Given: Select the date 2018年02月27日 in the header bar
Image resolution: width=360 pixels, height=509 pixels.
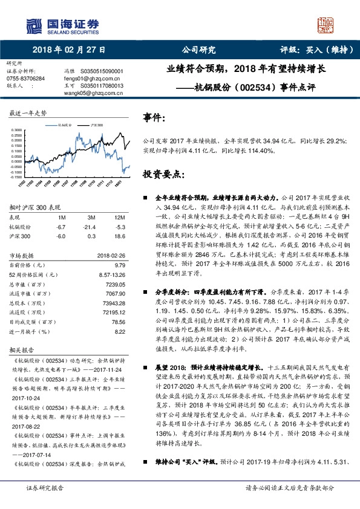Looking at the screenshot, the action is coord(69,50).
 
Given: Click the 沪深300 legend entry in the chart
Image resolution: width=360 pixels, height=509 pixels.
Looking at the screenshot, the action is coord(96,125).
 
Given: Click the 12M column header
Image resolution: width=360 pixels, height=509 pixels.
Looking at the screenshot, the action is coord(119,217).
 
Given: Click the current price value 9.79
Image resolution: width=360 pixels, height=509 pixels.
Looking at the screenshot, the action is coord(119,265).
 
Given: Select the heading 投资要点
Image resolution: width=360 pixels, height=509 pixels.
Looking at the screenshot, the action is coord(163,174).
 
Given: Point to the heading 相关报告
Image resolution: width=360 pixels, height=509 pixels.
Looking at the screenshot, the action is coord(23,349).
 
